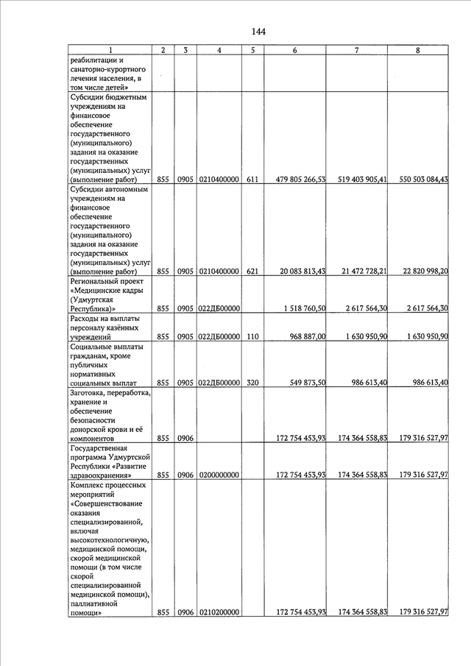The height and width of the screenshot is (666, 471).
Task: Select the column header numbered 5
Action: (x=252, y=50)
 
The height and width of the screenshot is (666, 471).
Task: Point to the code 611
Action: (x=252, y=179)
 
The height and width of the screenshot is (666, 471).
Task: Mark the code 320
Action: (x=252, y=383)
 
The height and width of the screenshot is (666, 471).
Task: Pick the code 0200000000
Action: (x=219, y=475)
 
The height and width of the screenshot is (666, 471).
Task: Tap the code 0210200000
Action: (x=219, y=612)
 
